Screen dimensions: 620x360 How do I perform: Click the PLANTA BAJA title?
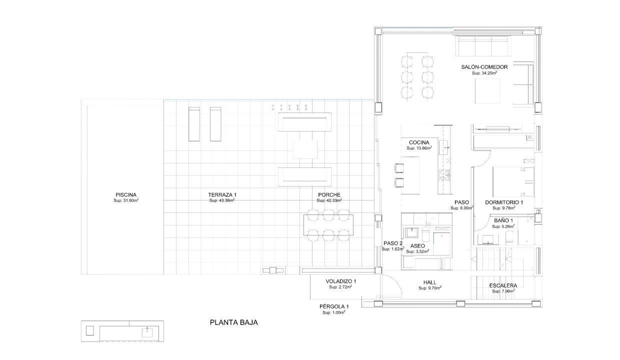(234, 322)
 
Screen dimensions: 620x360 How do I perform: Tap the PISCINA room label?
(126, 195)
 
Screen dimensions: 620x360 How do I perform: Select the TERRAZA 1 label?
(222, 195)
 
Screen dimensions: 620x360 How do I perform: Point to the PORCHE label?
(329, 195)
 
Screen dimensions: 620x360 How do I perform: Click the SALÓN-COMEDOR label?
(484, 67)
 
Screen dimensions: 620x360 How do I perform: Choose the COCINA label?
(419, 142)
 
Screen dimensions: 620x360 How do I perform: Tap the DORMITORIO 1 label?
(504, 202)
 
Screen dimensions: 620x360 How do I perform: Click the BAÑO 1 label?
(503, 220)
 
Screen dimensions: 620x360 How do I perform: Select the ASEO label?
(417, 246)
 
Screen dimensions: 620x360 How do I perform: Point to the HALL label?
(429, 282)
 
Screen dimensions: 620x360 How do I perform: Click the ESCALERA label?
(503, 285)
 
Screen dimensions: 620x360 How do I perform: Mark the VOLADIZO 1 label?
(340, 281)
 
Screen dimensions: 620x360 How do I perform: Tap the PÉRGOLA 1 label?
(334, 306)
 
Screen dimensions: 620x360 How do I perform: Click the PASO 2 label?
(393, 243)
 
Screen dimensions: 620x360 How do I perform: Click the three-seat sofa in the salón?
(483, 46)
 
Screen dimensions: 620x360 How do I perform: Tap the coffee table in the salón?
(487, 91)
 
